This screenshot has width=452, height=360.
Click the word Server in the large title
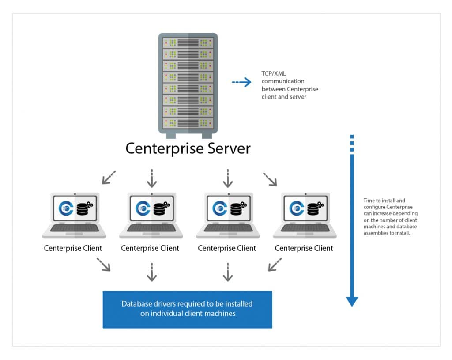[226, 148]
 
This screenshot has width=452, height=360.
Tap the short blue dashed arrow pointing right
[241, 82]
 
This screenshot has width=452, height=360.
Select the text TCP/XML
[274, 74]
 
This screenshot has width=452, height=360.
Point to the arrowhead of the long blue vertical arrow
[352, 301]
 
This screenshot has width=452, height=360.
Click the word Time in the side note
[369, 201]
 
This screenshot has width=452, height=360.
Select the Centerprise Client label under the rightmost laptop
[304, 248]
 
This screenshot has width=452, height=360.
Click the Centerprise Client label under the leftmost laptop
[73, 248]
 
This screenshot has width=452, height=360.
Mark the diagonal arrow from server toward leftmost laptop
[109, 177]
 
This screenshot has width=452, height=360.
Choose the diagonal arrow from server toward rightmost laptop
[270, 178]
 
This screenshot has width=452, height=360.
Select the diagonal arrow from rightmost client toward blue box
[275, 265]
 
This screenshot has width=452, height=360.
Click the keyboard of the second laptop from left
[150, 228]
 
